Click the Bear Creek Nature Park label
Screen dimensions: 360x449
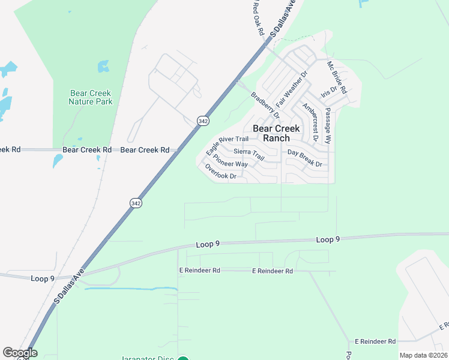(x=91, y=97)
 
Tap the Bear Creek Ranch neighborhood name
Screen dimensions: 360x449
(x=276, y=133)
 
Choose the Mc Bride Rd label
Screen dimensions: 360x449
(x=337, y=76)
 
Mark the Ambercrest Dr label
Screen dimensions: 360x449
(x=310, y=122)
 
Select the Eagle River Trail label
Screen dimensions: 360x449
(x=227, y=144)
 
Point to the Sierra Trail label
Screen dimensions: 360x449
(x=249, y=154)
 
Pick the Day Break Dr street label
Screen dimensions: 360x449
(x=305, y=158)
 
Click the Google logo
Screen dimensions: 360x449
(x=20, y=353)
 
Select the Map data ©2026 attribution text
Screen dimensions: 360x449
(x=423, y=355)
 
